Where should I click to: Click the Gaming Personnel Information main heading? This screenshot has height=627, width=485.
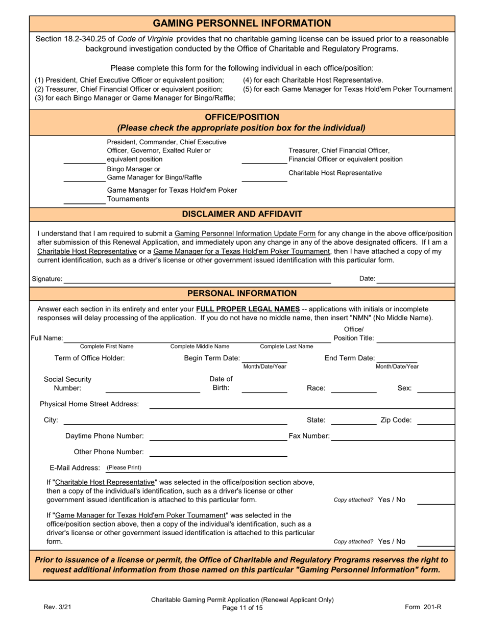[242, 23]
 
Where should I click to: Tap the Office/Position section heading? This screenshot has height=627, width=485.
[242, 117]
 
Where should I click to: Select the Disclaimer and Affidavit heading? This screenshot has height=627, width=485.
[242, 214]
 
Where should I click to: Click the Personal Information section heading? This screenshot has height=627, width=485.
[242, 293]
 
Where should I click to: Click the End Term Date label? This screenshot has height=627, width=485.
[350, 358]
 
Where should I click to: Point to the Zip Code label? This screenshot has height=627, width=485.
[396, 420]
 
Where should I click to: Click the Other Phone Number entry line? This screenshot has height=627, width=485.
[218, 455]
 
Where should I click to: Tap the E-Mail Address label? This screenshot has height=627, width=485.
[75, 467]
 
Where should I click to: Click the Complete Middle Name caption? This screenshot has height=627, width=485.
[200, 347]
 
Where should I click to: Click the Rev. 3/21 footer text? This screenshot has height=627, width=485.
[54, 608]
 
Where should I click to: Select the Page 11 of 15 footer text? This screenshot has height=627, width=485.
[242, 608]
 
